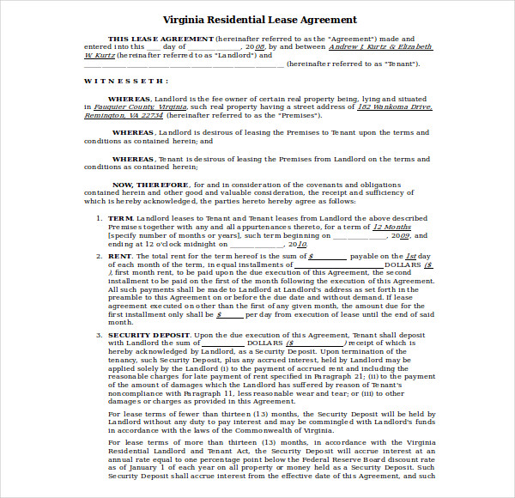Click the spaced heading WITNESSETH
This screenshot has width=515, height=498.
click(x=125, y=81)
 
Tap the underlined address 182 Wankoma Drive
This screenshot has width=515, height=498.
click(x=395, y=107)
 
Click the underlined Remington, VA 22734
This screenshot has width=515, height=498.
click(x=123, y=115)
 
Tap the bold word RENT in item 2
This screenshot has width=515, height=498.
click(x=119, y=256)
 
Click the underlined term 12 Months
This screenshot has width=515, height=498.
click(x=391, y=227)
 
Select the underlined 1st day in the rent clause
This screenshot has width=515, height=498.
click(x=412, y=256)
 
